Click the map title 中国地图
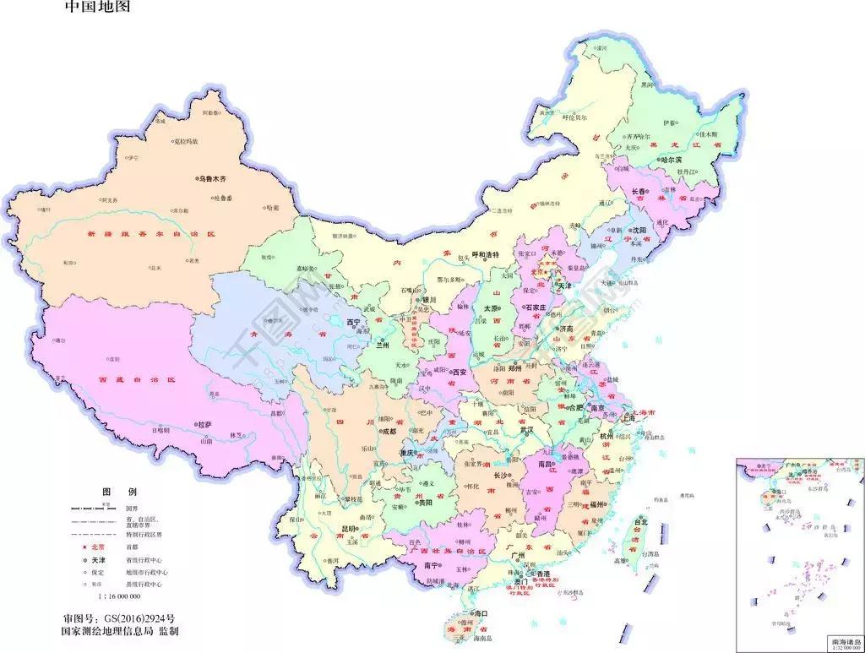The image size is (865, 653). pos(98,8)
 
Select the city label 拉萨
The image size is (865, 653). pos(204,424)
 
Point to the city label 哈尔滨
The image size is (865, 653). pos(676,159)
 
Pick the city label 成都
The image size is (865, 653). pos(388,431)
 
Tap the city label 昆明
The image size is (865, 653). pos(348,529)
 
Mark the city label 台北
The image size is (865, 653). pos(640,522)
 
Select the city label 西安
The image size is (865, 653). pos(460,372)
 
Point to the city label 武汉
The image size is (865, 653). pos(527,429)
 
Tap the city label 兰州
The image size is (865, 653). pos(383,345)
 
